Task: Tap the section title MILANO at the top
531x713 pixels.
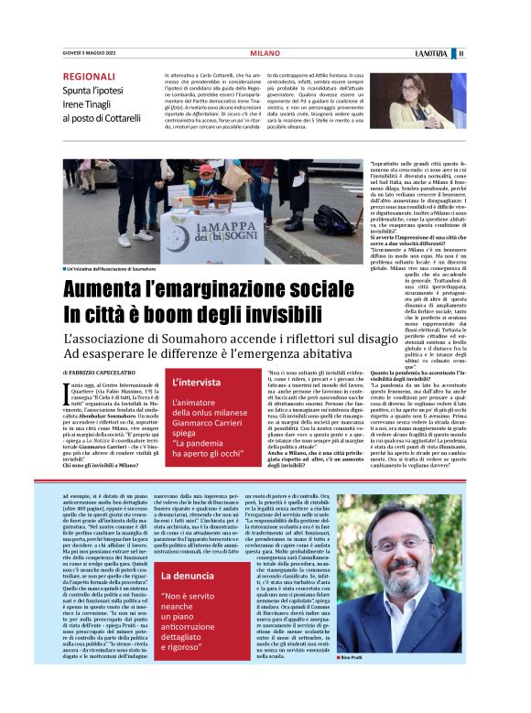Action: click(x=265, y=54)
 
